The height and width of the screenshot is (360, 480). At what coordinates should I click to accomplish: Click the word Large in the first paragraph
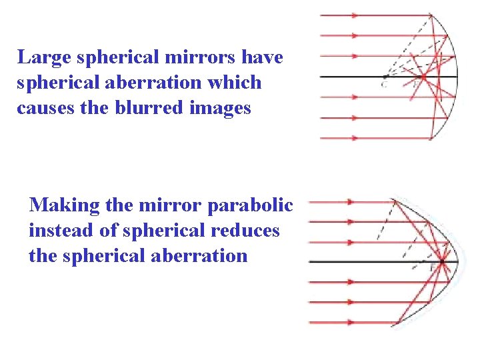tap(44, 58)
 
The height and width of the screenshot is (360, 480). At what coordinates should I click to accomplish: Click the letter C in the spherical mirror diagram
tap(384, 85)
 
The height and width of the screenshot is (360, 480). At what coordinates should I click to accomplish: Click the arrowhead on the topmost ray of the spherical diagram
tap(354, 15)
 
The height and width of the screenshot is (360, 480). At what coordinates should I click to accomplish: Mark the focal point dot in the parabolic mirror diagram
tap(441, 261)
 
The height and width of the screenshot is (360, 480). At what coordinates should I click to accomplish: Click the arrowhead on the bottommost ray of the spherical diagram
tap(354, 138)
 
